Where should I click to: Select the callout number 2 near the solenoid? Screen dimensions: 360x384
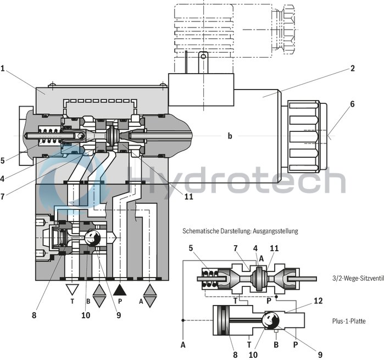tap(352, 69)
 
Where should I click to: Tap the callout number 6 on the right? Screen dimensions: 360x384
tap(352, 104)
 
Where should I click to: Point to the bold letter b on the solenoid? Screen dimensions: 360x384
tap(230, 135)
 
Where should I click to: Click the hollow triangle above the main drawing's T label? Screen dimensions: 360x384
tap(72, 289)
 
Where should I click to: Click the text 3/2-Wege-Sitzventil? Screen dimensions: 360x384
tap(355, 278)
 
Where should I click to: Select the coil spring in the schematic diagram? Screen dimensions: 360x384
tap(212, 278)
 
